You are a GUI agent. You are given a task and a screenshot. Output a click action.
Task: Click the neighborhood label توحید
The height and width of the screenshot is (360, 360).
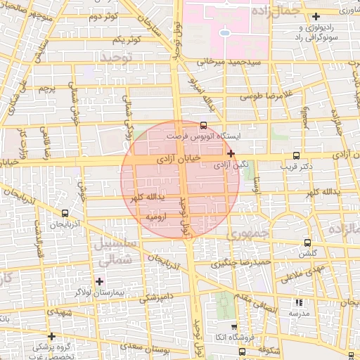(x=117, y=56)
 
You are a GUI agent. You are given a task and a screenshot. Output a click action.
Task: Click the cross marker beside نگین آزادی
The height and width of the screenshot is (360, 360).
(x=231, y=153)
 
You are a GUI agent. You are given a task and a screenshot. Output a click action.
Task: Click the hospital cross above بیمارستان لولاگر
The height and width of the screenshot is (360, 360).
(x=99, y=281)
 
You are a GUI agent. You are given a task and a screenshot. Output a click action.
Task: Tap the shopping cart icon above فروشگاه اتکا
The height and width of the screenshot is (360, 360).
(x=234, y=327)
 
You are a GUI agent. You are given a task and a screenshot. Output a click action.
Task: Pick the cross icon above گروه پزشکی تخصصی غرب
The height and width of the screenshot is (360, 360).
(x=51, y=336)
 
